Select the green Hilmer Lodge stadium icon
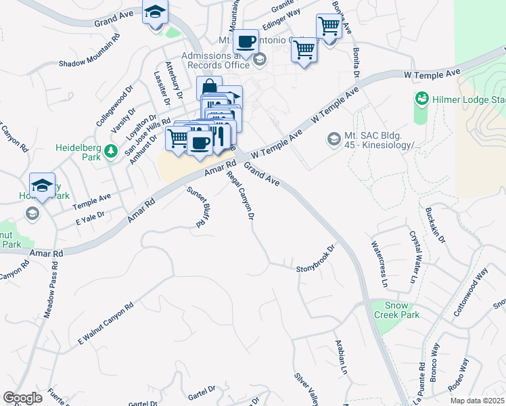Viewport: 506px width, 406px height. coord(422,99)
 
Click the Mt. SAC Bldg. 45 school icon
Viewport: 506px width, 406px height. coord(333,139)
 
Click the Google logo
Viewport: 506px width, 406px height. coord(22,398)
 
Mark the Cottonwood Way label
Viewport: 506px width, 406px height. coord(471,292)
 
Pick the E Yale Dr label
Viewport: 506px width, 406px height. coord(91,217)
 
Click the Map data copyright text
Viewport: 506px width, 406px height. coord(477,401)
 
